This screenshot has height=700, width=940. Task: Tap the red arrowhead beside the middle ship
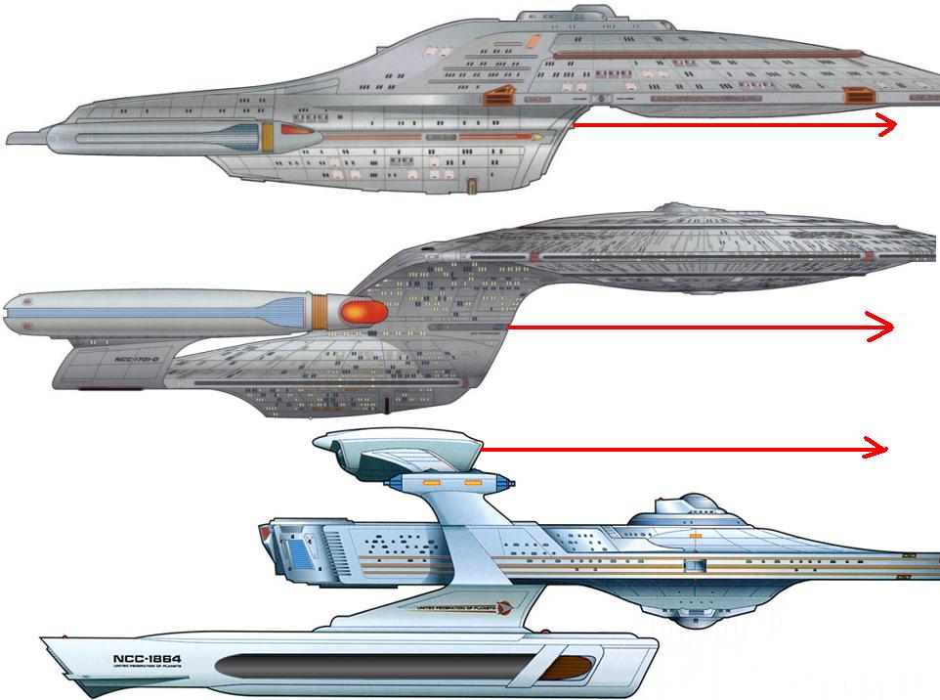point(881,327)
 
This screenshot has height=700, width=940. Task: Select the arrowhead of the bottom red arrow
point(877,449)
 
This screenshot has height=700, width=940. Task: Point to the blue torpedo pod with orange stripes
point(449,482)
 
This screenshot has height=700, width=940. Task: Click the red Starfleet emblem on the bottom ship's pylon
point(502,606)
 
